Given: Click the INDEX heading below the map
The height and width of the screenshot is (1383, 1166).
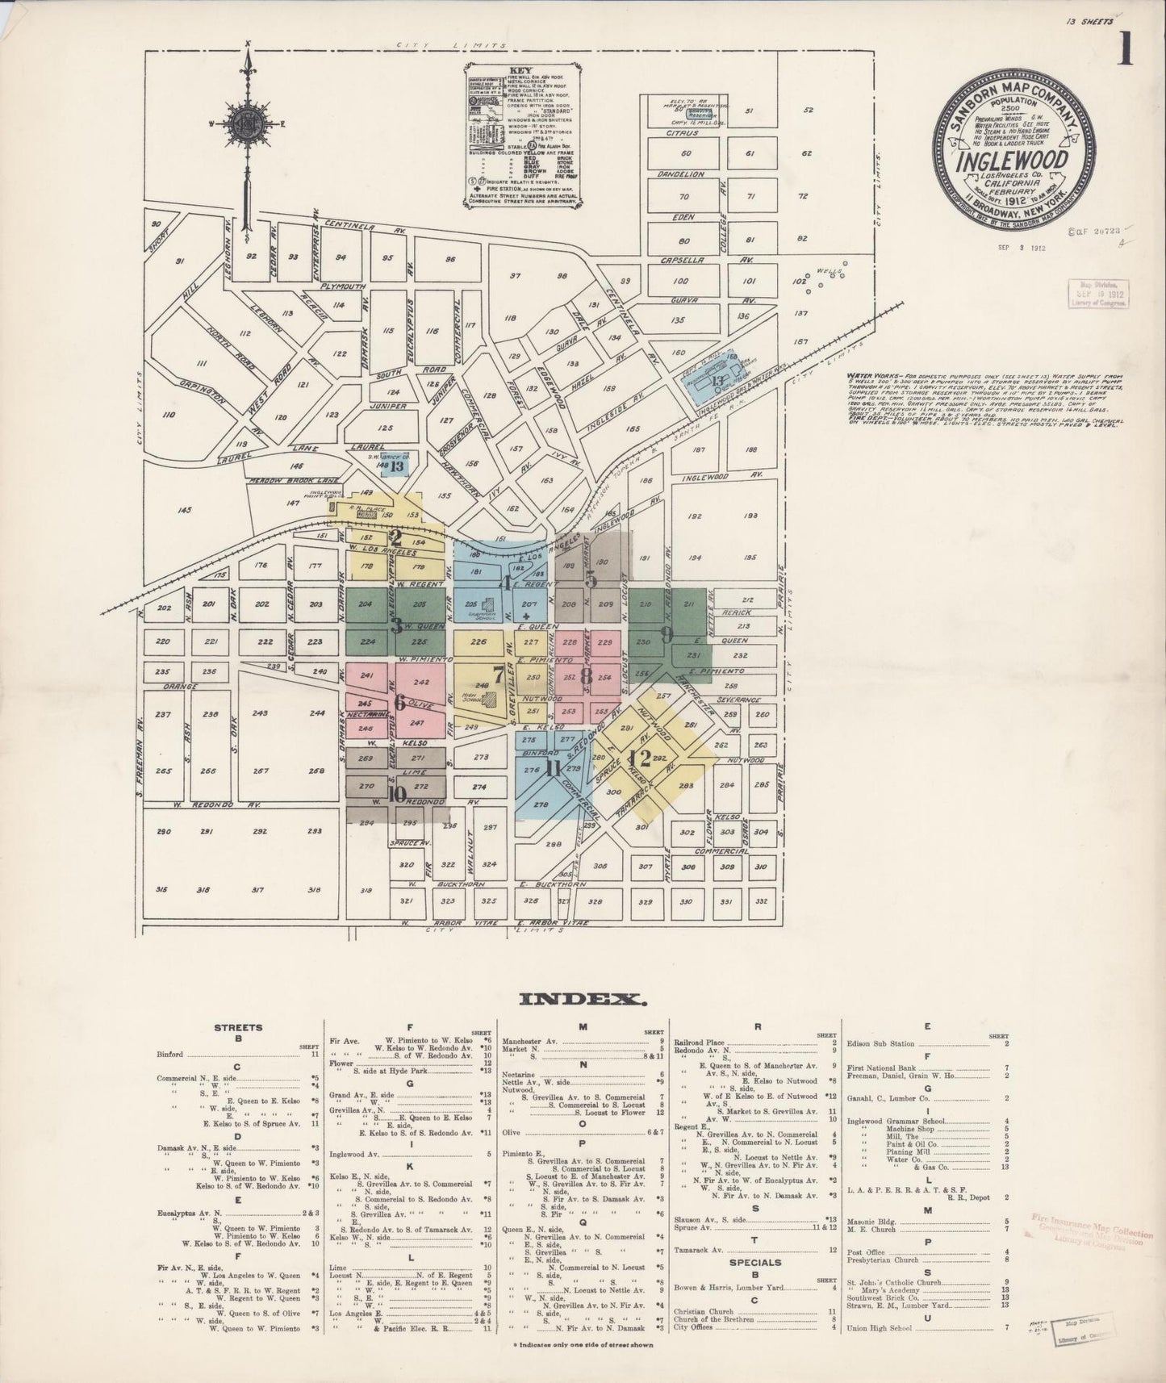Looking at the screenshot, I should tap(582, 999).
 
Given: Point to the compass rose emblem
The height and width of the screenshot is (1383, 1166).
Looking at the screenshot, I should tap(248, 125).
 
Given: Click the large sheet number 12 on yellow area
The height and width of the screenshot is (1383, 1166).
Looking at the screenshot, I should tap(642, 758).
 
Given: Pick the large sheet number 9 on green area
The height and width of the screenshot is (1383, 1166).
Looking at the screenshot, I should tap(667, 634).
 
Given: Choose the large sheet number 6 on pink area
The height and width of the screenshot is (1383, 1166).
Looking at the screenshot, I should tap(399, 702).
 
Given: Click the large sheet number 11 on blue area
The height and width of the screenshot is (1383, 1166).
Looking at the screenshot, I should tap(553, 768).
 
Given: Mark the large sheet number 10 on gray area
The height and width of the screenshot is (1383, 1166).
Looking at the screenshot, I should tap(395, 793).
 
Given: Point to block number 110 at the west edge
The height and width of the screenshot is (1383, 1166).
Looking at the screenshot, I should tap(168, 415).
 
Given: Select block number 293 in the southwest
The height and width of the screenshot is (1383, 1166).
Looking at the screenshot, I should tap(315, 831).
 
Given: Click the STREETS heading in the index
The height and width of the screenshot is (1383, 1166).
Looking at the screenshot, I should tap(238, 1028).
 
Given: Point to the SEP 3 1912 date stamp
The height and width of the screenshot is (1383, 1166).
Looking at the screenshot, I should tap(1022, 248).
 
